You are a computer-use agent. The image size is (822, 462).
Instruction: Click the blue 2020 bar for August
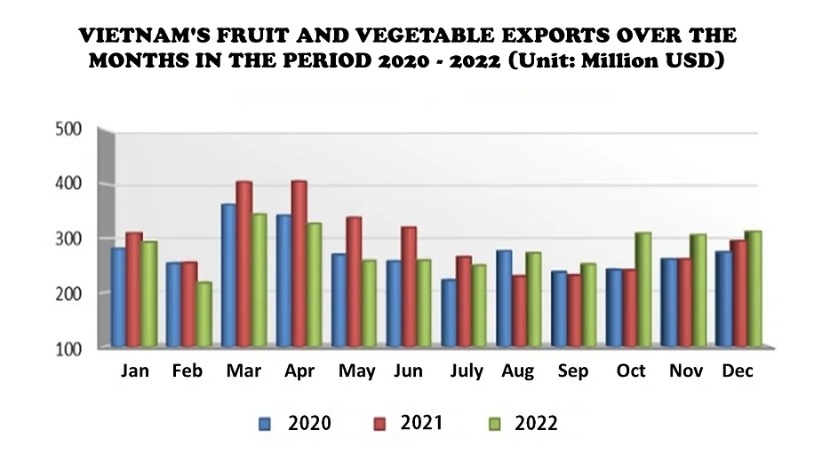point(504,298)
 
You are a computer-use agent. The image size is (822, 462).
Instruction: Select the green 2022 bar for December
point(753,289)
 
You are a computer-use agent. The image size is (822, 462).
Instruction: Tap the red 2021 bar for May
point(354,281)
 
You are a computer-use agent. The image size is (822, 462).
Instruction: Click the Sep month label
point(572,371)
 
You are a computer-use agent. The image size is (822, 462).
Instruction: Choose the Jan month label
point(134,371)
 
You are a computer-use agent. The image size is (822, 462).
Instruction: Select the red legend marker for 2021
point(379,423)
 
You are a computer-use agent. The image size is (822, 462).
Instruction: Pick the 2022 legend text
point(536,423)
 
